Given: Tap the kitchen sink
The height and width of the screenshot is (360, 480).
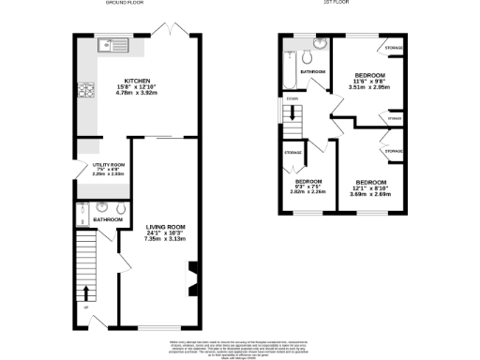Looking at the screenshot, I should click(111, 43).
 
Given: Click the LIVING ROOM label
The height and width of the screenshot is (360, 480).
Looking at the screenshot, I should click(164, 226).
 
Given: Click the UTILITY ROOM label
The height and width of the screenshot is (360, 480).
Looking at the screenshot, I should click(108, 165).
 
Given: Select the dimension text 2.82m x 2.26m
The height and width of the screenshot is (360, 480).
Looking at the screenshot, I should click(309, 192).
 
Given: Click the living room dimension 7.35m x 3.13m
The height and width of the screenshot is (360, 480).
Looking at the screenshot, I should click(164, 239).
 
